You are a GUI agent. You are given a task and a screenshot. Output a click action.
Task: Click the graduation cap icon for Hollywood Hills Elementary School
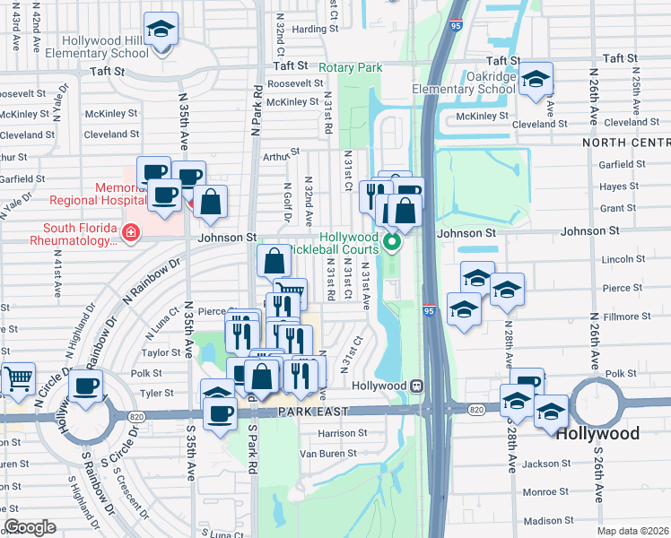161,31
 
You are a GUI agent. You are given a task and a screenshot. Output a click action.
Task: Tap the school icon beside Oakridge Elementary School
536,81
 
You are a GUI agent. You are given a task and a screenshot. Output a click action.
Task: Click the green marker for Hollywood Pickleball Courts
392,241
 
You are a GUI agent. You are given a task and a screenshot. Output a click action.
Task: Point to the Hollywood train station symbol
417,385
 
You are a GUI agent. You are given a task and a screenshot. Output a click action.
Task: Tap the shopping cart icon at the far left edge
16,379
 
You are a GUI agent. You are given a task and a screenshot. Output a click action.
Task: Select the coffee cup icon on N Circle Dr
86,386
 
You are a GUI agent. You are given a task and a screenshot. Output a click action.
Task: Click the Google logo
30,527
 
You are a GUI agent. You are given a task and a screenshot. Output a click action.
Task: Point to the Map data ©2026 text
633,531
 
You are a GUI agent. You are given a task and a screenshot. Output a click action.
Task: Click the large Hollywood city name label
597,434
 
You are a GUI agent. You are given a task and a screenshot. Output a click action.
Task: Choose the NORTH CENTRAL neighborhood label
625,143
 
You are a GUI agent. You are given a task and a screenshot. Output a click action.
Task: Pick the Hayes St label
619,187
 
